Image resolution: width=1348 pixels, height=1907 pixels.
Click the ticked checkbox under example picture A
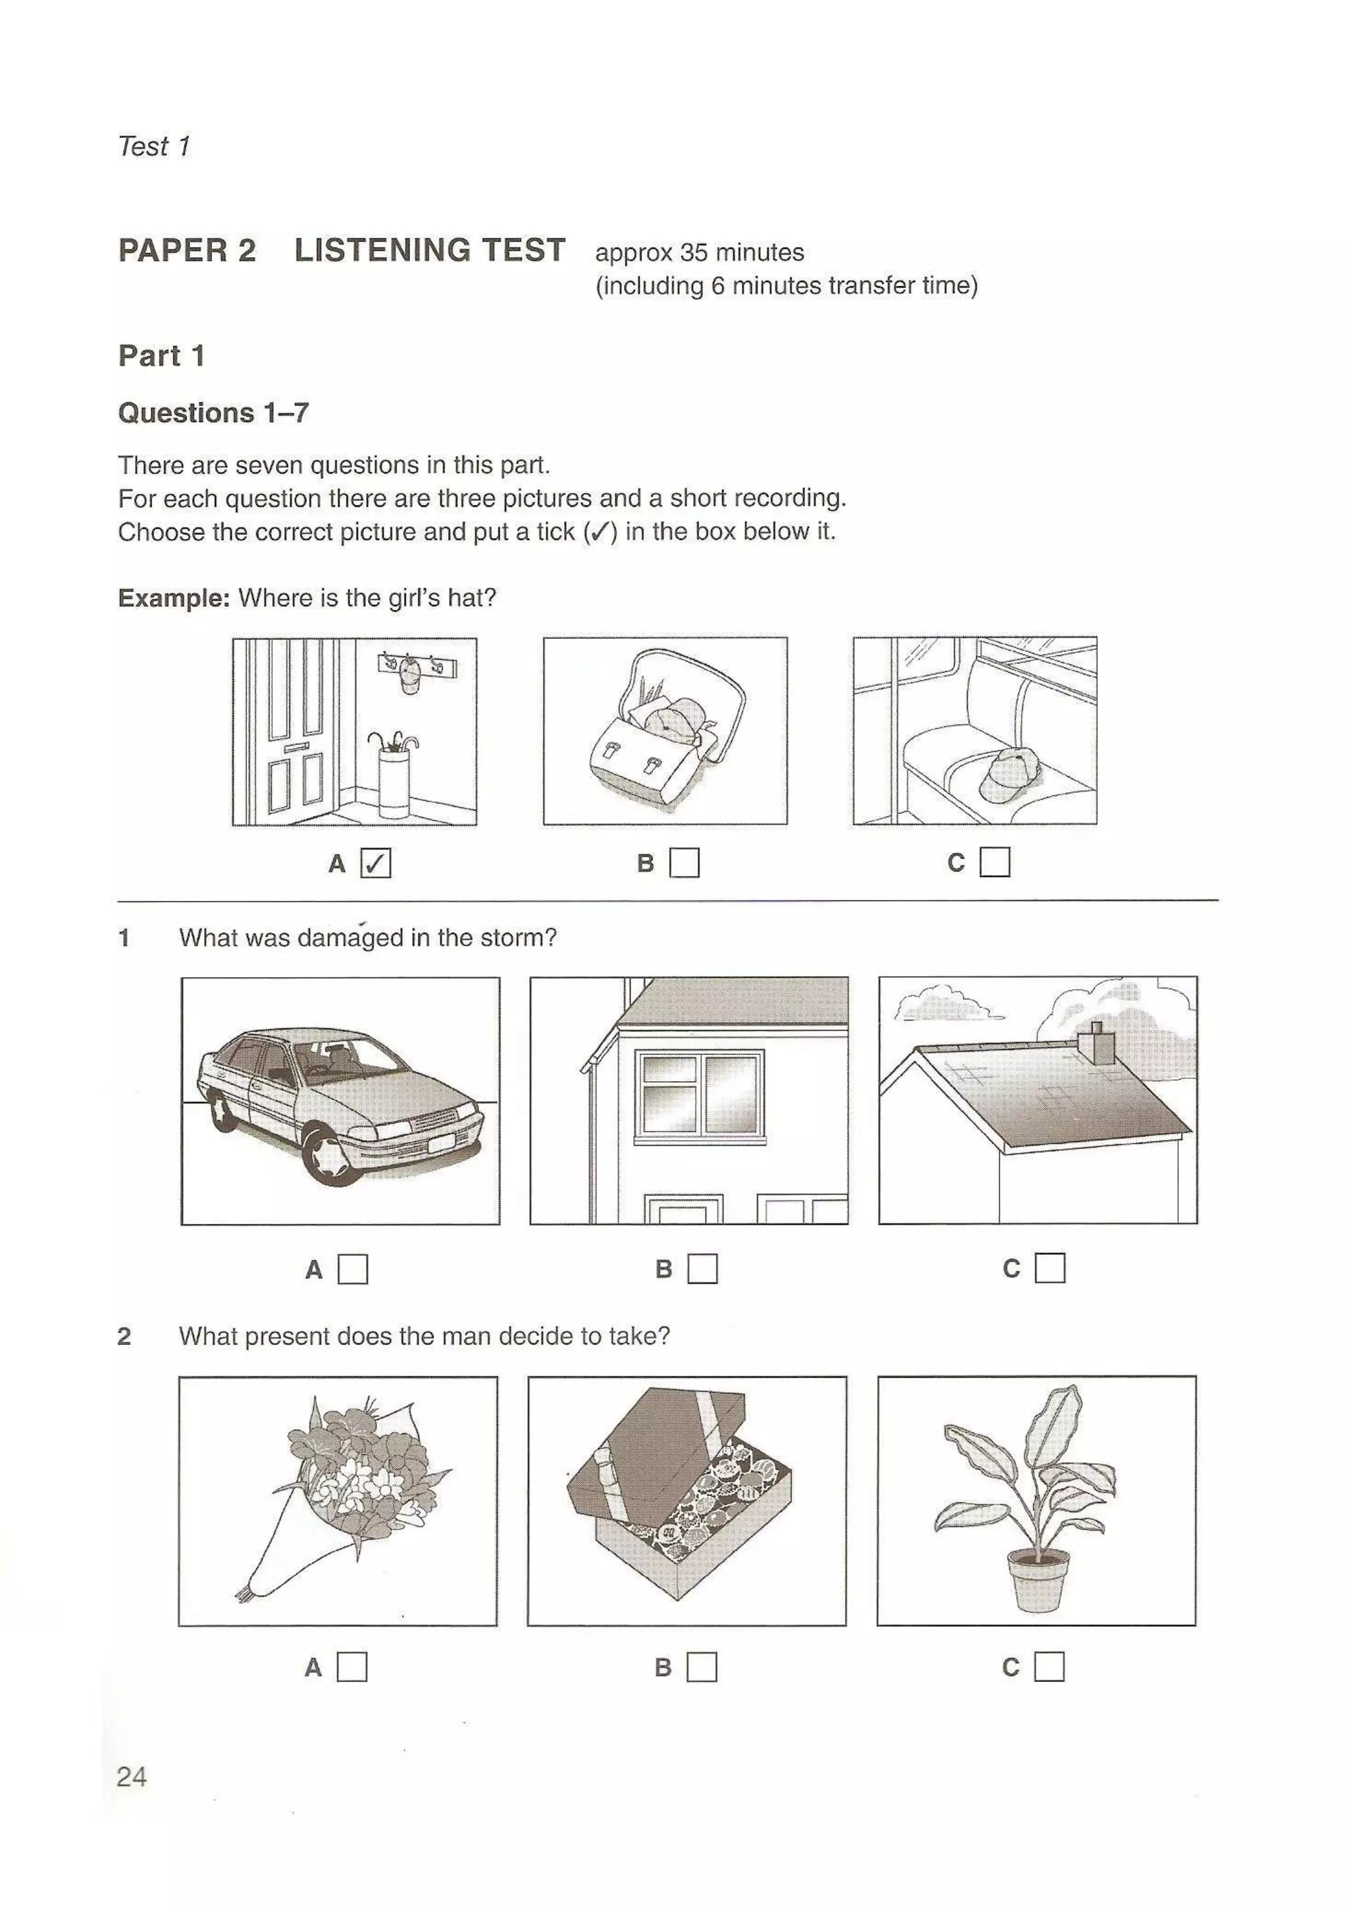375,864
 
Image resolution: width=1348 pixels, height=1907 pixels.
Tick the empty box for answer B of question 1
703,1268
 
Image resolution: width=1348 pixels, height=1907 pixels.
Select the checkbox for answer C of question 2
1049,1666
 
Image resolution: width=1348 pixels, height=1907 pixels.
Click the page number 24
132,1777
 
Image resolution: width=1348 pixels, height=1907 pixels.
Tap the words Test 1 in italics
155,146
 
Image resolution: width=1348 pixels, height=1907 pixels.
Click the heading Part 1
161,355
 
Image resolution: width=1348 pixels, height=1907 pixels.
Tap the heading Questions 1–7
213,413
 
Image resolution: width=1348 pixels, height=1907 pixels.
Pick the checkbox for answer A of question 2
352,1667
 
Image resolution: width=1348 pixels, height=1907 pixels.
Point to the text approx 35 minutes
699,253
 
